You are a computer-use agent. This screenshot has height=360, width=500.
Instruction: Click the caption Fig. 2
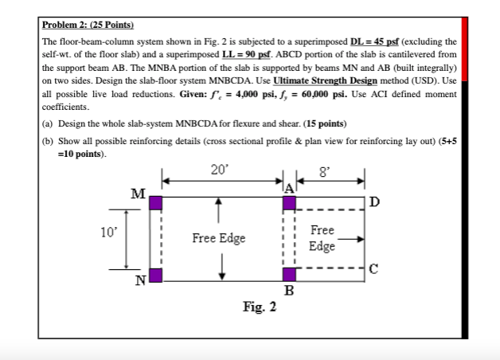(260, 307)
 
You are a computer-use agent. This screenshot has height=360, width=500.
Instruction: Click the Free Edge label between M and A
(218, 238)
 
